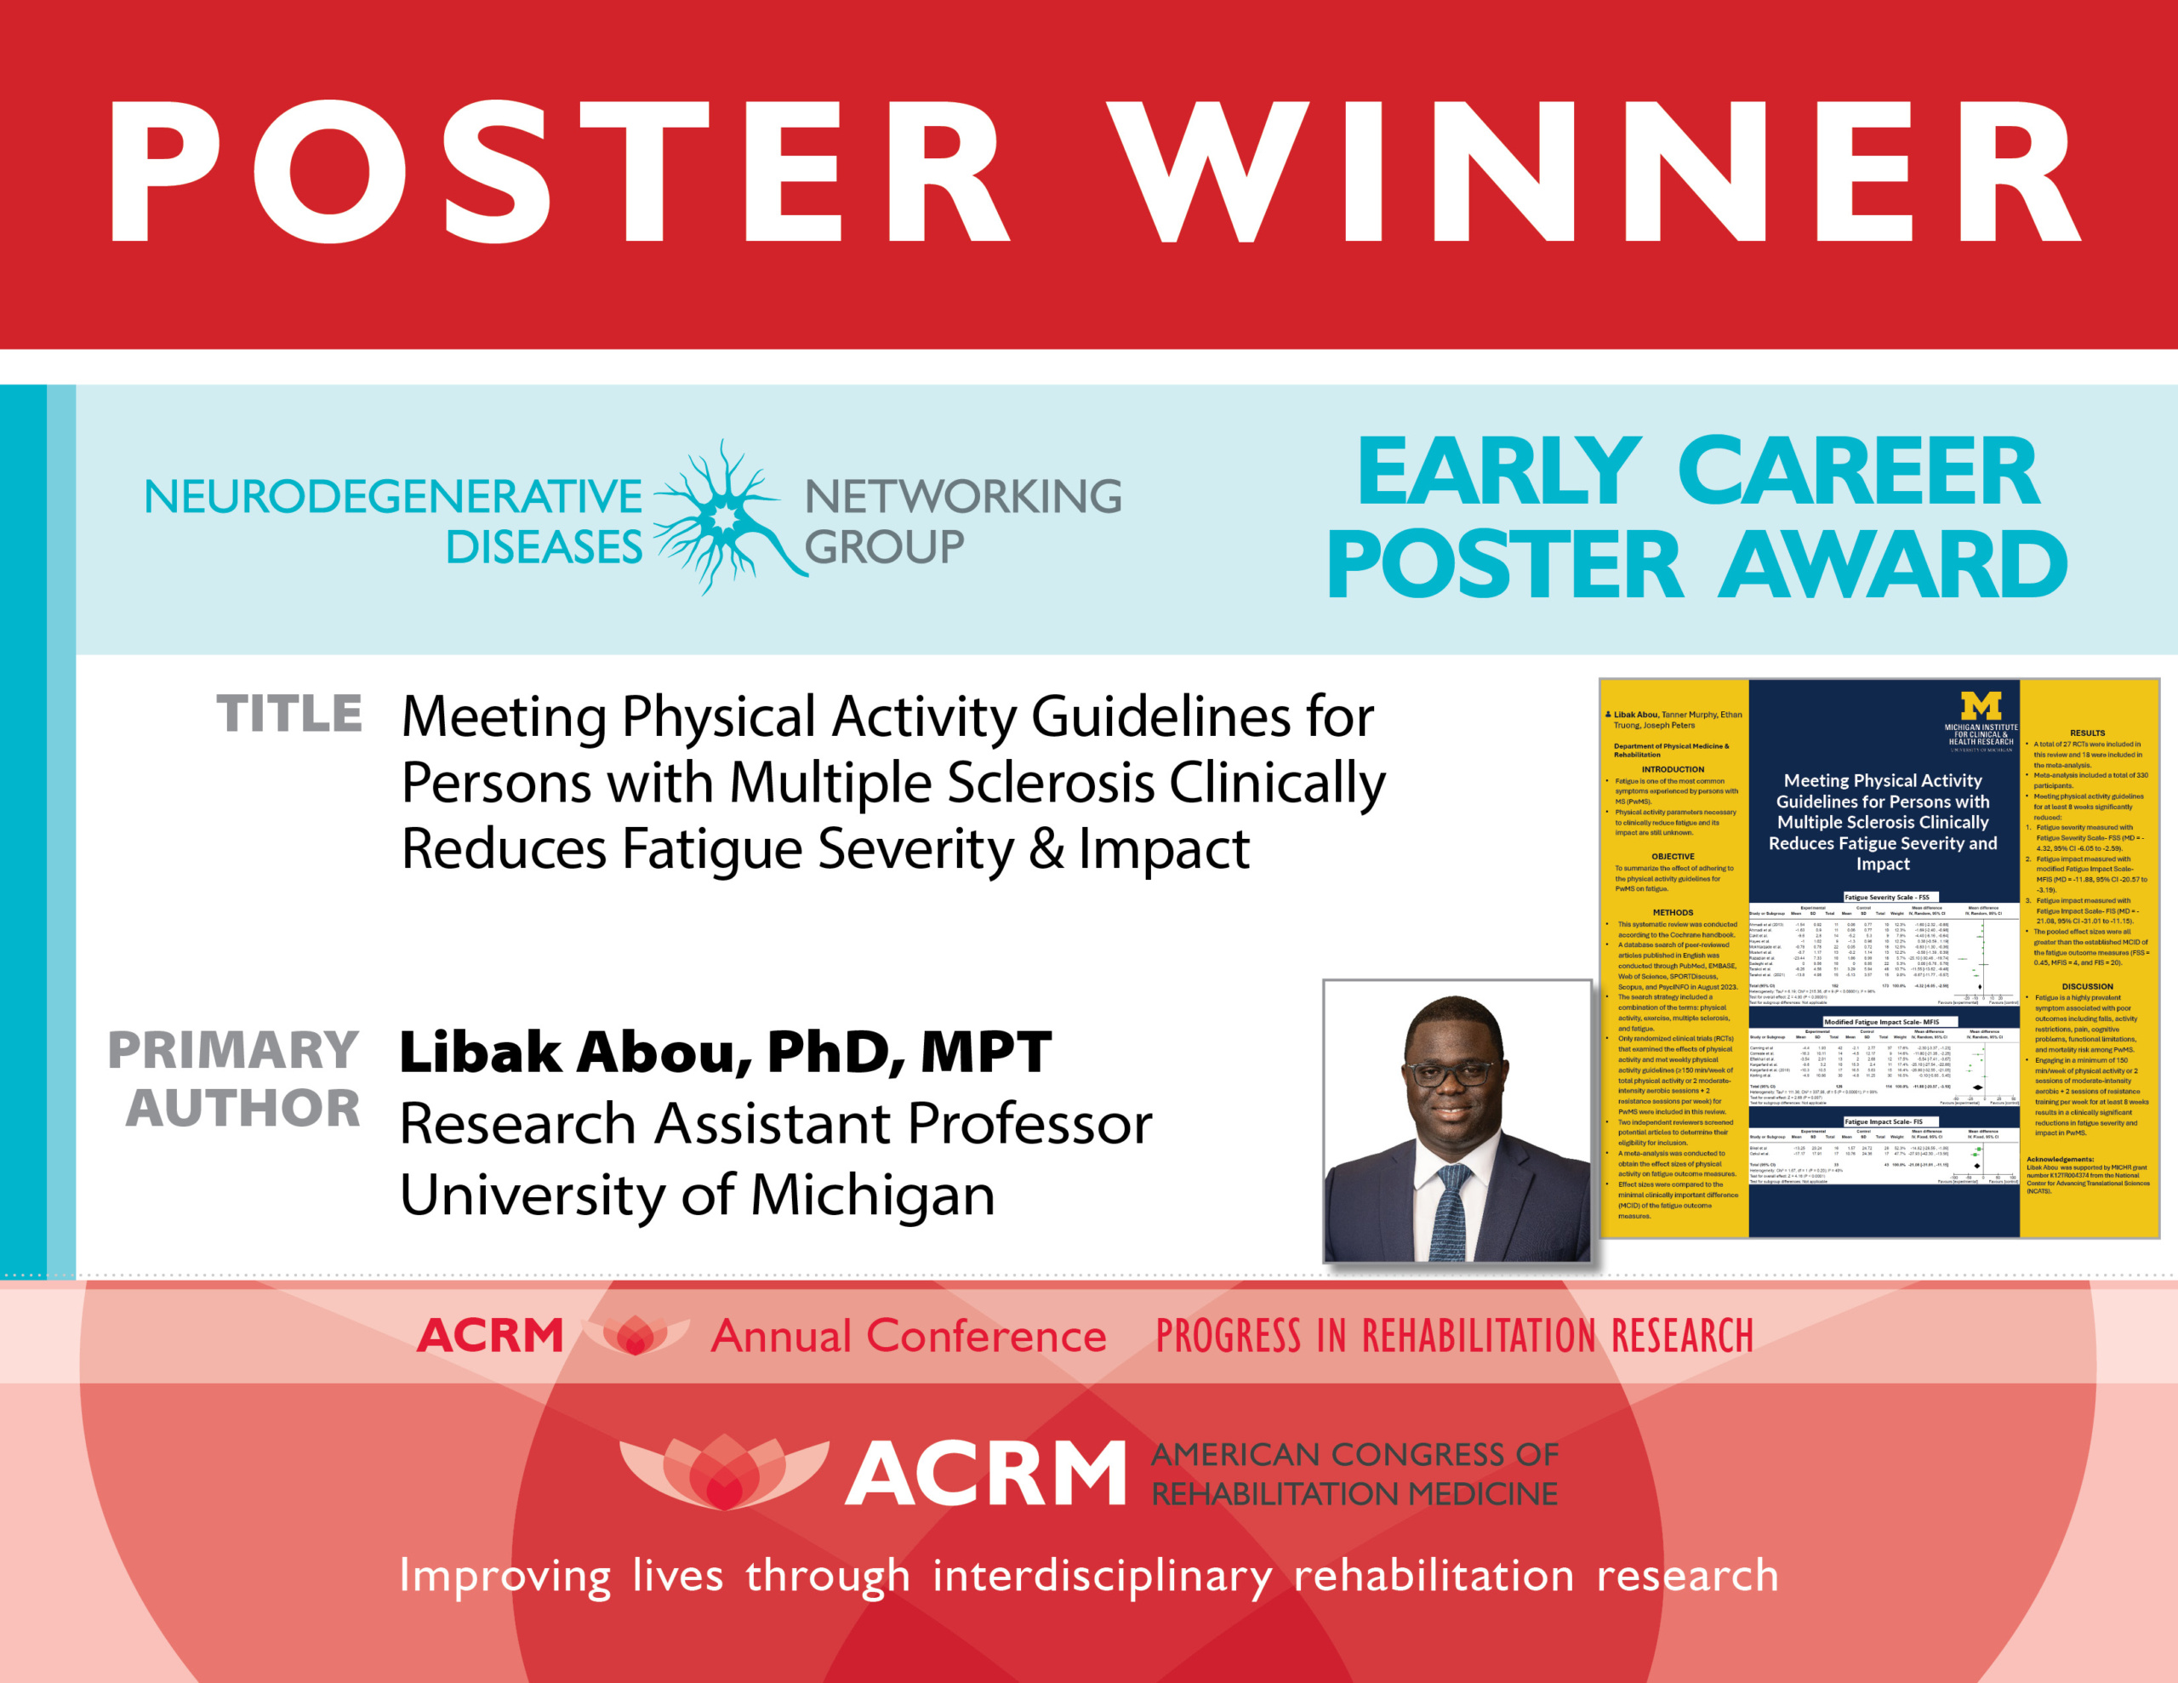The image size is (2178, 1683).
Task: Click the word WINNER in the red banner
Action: (x=1595, y=172)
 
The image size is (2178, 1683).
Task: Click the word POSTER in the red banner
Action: (x=558, y=172)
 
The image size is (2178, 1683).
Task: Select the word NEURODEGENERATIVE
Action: (x=393, y=496)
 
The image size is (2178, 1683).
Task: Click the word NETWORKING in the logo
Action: (x=962, y=496)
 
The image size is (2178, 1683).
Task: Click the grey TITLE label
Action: (x=289, y=715)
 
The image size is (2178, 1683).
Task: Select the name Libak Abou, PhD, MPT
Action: (x=725, y=1052)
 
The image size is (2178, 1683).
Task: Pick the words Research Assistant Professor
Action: (x=776, y=1123)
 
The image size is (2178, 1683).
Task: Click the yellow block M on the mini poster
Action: (x=1981, y=706)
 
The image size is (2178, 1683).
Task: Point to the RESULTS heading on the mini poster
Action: (x=2086, y=733)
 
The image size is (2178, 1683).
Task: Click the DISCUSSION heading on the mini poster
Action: (x=2086, y=985)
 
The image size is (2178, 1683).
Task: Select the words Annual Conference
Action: (x=908, y=1336)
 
